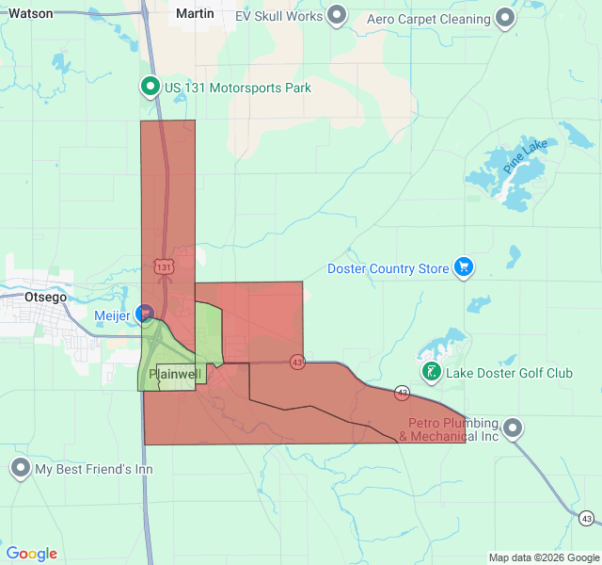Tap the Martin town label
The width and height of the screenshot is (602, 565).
pyautogui.click(x=195, y=14)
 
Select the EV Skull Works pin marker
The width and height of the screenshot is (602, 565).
pyautogui.click(x=339, y=16)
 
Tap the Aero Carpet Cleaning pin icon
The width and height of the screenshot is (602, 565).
pyautogui.click(x=506, y=17)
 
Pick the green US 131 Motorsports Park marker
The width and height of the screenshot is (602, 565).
pyautogui.click(x=150, y=89)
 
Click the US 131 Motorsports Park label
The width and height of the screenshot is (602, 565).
pyautogui.click(x=237, y=89)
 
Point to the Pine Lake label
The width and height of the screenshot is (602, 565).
pyautogui.click(x=524, y=155)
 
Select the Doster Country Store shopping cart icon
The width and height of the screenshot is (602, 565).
pyautogui.click(x=463, y=268)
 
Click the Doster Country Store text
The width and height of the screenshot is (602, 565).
pyautogui.click(x=388, y=269)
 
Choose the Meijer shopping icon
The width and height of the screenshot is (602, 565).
pyautogui.click(x=145, y=313)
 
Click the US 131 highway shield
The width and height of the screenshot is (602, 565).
pyautogui.click(x=165, y=267)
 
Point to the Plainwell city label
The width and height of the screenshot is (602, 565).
pyautogui.click(x=176, y=374)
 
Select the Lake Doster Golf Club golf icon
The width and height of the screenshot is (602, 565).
pyautogui.click(x=431, y=372)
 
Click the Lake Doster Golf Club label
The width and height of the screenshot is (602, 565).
pyautogui.click(x=509, y=373)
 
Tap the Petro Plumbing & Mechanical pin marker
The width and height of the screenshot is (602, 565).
pyautogui.click(x=513, y=428)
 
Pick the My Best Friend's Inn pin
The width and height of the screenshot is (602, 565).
pyautogui.click(x=20, y=468)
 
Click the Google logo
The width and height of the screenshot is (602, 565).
pyautogui.click(x=31, y=554)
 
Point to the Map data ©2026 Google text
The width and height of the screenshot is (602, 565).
pyautogui.click(x=543, y=557)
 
